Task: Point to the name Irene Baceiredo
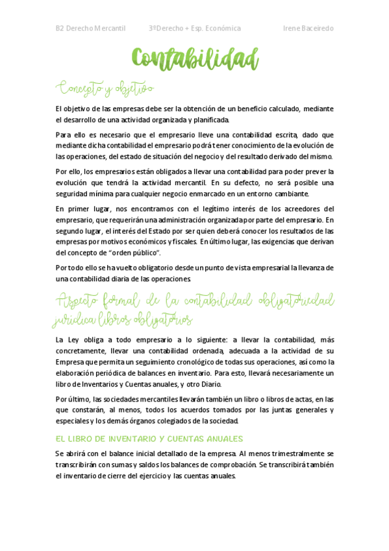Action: (x=308, y=29)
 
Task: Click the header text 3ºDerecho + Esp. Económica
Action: (x=195, y=29)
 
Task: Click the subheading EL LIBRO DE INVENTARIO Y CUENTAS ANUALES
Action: (x=149, y=439)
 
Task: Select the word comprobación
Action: (x=233, y=465)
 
